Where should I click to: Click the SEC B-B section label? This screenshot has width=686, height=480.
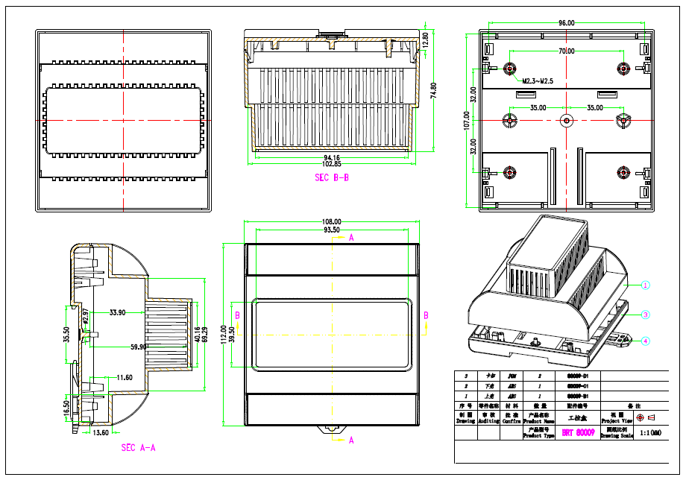coord(332,177)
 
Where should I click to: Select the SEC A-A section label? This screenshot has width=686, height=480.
coord(138,448)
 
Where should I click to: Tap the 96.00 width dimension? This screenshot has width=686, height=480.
coord(567,23)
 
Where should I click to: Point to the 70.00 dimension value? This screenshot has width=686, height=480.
coord(567,51)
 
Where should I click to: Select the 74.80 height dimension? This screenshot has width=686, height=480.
coord(433,90)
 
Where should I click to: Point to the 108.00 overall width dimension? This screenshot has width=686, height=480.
coord(331,221)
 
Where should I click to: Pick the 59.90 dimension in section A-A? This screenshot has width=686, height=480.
coord(138,347)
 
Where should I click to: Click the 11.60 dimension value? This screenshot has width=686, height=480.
coord(125,378)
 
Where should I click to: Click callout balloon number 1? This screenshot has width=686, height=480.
coord(646,285)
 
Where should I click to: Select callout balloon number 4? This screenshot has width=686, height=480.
coord(646,341)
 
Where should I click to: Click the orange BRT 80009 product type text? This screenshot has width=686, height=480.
coord(577,432)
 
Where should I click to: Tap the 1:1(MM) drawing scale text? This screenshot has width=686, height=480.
coord(651,432)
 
